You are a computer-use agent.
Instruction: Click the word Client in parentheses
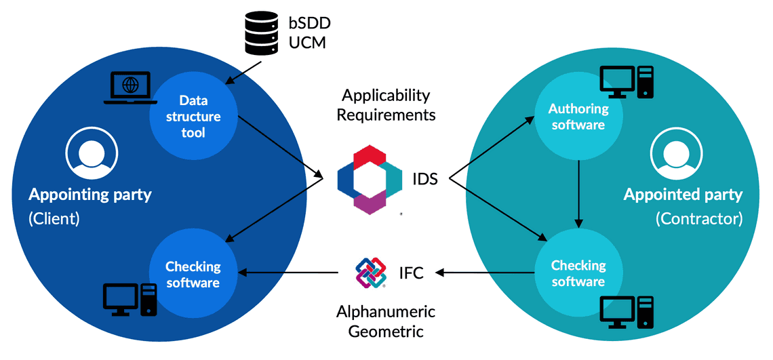point(54,220)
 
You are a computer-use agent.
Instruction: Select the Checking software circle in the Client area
point(193,274)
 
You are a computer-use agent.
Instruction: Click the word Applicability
point(386,95)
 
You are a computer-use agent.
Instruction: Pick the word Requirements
point(386,115)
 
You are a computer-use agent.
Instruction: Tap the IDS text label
point(425,180)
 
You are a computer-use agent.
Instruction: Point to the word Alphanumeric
point(386,312)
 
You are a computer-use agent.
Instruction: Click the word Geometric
point(386,332)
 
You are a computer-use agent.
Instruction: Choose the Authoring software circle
point(578,116)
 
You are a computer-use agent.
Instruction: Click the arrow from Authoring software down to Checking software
point(578,194)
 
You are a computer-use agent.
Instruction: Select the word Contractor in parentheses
point(699,220)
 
